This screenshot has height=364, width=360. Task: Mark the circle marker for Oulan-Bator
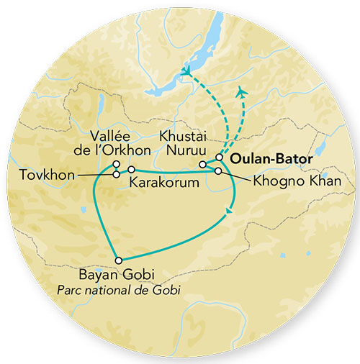pyautogui.click(x=220, y=158)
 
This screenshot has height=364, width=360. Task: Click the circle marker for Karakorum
pyautogui.click(x=131, y=169)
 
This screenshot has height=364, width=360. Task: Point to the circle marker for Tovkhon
pyautogui.click(x=116, y=175)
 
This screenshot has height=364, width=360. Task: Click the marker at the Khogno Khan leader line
pyautogui.click(x=218, y=170)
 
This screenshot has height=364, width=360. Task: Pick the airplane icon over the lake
pyautogui.click(x=188, y=72)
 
